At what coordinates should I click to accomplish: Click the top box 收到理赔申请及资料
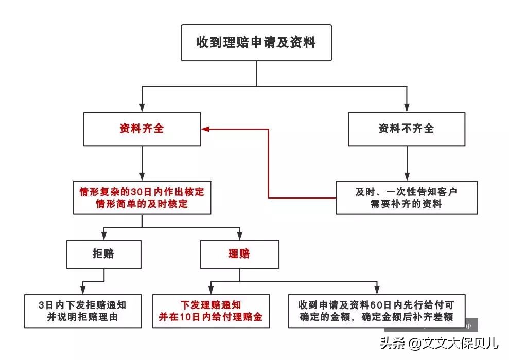pyautogui.click(x=256, y=42)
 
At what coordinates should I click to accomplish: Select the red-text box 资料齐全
pyautogui.click(x=142, y=129)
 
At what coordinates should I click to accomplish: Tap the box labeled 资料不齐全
pyautogui.click(x=406, y=129)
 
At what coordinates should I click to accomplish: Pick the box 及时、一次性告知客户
pyautogui.click(x=406, y=197)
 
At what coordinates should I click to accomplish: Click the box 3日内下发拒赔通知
pyautogui.click(x=82, y=311)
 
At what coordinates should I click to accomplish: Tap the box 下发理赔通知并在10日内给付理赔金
pyautogui.click(x=211, y=311)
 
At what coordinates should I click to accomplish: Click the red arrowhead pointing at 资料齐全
pyautogui.click(x=205, y=129)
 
